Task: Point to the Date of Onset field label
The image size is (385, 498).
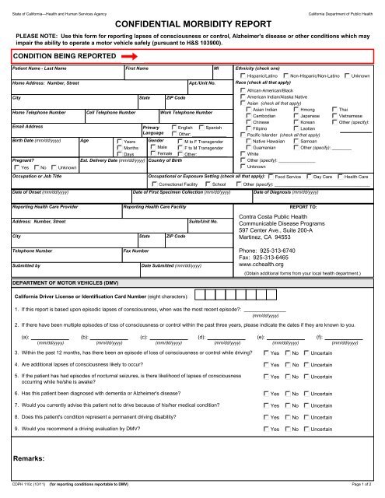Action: [x=32, y=191]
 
